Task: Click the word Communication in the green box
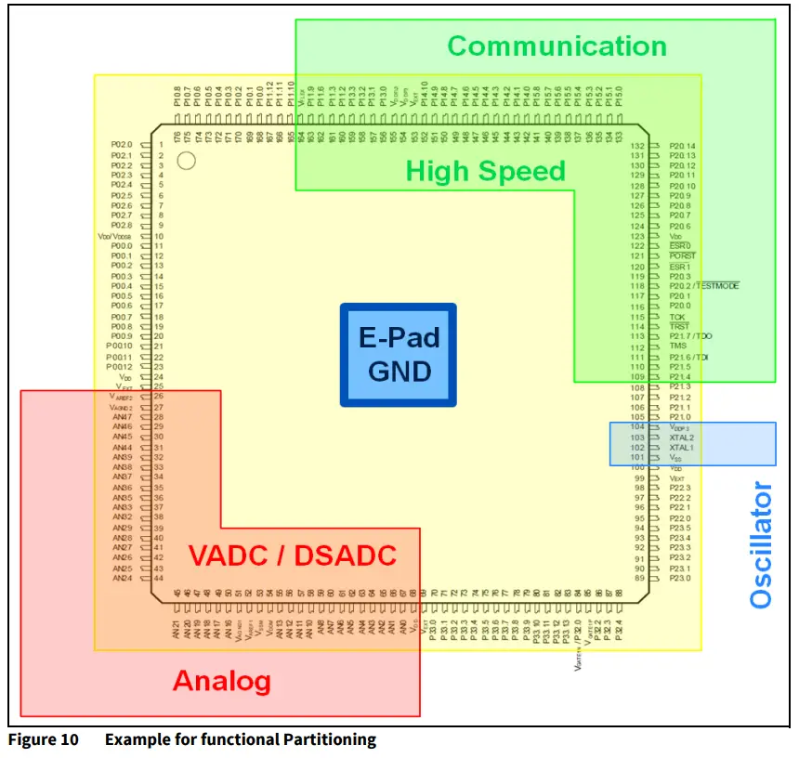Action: point(557,46)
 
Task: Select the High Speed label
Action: point(485,171)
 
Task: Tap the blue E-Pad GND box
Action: point(399,354)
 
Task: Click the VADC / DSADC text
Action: point(293,556)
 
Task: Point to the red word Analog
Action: point(222,681)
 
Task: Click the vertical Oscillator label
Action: point(761,544)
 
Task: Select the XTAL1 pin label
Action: point(681,448)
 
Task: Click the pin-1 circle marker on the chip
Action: point(186,161)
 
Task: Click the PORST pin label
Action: point(682,256)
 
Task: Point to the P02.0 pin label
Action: point(123,145)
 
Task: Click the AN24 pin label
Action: point(123,578)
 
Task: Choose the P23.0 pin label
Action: point(680,578)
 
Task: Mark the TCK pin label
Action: point(677,317)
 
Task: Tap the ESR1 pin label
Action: point(680,267)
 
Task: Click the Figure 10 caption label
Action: point(39,740)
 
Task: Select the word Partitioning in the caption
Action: point(331,740)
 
